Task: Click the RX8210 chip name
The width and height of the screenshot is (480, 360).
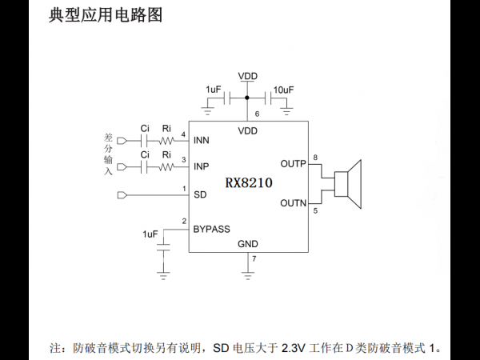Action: (249, 182)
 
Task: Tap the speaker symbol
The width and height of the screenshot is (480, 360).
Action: (348, 184)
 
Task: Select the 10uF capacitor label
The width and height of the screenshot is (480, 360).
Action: (283, 90)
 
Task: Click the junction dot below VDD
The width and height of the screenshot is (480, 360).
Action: (247, 98)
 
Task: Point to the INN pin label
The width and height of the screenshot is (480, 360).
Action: (202, 140)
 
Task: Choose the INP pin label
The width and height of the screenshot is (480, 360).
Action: (201, 166)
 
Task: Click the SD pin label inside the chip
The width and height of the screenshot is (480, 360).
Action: (200, 194)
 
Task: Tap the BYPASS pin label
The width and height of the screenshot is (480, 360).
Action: (211, 229)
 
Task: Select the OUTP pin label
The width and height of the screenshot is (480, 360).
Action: (294, 164)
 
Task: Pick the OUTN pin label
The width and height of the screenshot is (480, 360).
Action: (294, 203)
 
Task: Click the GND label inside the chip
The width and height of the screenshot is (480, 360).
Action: (248, 244)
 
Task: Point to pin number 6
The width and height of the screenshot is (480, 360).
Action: (257, 114)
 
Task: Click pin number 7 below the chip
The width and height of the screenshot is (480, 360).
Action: (254, 258)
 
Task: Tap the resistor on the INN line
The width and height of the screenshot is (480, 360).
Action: (167, 141)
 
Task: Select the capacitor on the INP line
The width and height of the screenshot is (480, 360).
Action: (144, 167)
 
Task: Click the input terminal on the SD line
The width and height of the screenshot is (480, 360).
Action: (122, 195)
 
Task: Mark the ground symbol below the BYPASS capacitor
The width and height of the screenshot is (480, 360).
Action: (163, 276)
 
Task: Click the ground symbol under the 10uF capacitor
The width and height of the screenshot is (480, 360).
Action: (286, 111)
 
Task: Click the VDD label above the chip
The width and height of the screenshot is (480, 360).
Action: (248, 76)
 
